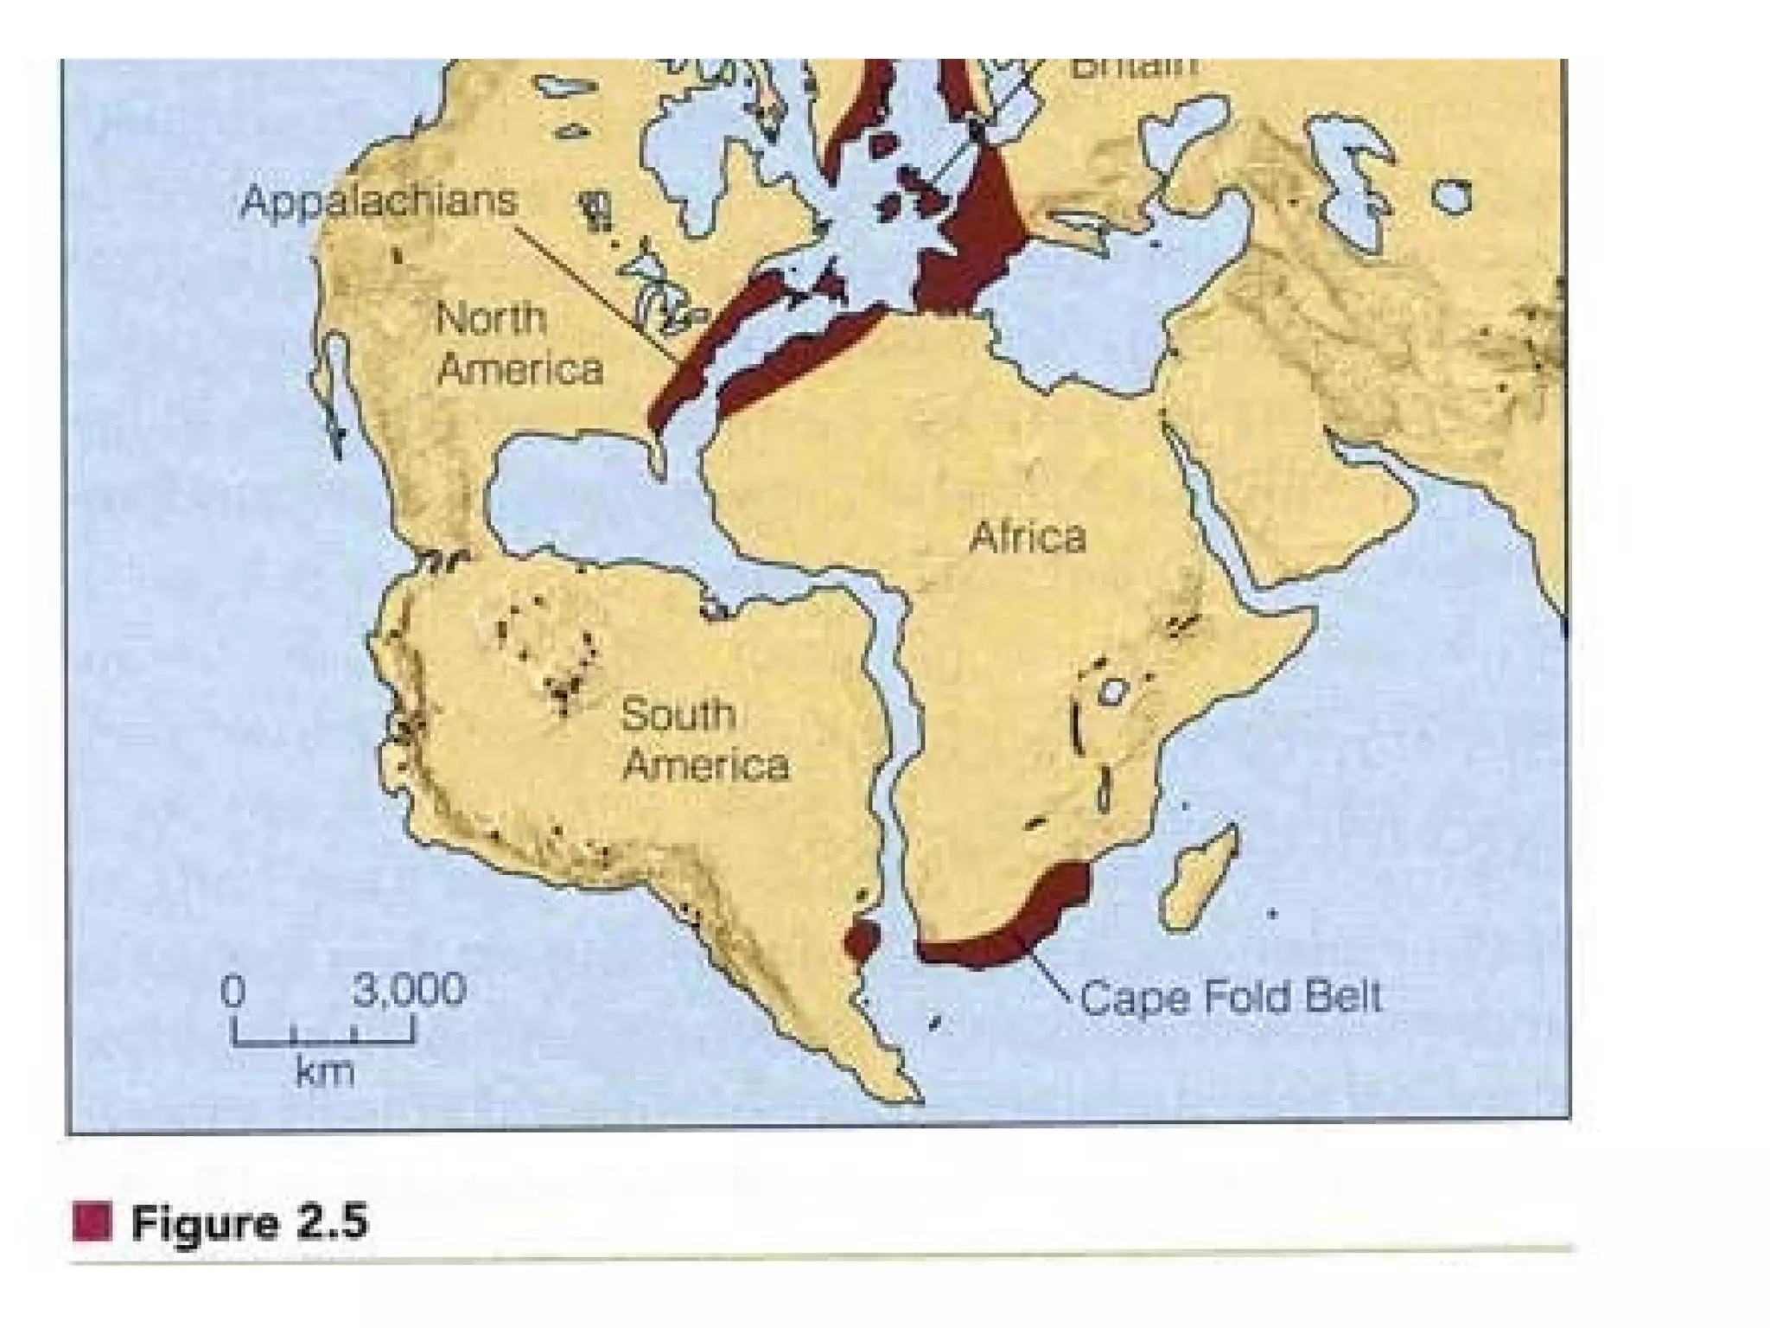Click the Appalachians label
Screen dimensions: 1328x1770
pos(379,201)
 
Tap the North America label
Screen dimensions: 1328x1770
pos(519,343)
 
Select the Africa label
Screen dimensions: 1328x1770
pos(1027,537)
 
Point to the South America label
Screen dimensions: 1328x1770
pos(704,740)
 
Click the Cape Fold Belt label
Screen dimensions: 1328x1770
pos(1231,997)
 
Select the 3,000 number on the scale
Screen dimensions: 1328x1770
pos(409,989)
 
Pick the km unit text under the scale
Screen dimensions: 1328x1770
pos(324,1072)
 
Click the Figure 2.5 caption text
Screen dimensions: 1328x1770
pos(250,1223)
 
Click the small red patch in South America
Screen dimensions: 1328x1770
pos(862,940)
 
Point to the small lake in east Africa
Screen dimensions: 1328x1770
pos(1112,691)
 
